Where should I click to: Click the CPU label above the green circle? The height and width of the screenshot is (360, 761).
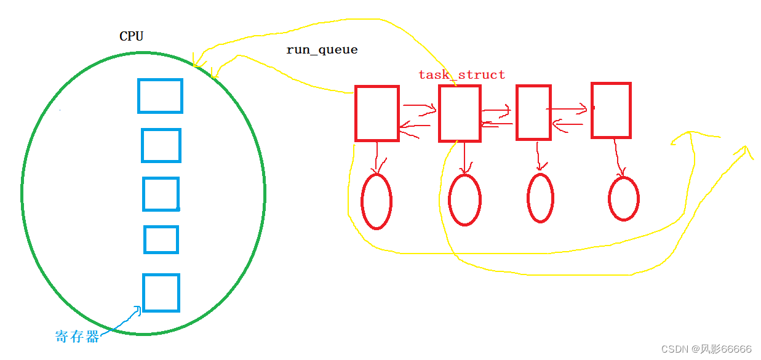tap(131, 36)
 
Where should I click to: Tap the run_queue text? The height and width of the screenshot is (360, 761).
tap(322, 50)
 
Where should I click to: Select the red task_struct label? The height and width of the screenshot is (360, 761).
tap(461, 74)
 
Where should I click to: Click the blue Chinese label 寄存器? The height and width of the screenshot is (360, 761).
tap(77, 337)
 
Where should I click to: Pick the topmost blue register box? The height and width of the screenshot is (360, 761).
tap(160, 96)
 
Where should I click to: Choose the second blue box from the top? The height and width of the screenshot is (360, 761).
tap(161, 145)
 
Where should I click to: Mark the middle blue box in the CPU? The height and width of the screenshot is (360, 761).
tap(161, 194)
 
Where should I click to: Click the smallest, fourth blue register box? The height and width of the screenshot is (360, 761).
tap(161, 239)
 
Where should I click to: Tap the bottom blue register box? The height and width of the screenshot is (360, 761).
tap(161, 293)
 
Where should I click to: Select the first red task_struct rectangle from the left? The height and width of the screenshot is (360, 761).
tap(377, 113)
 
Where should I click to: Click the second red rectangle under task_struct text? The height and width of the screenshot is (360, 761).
tap(460, 113)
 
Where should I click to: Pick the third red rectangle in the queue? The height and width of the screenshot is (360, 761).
tap(533, 112)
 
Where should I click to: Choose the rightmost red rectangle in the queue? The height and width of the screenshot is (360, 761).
tap(611, 110)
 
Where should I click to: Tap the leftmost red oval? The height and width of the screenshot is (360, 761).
tap(377, 201)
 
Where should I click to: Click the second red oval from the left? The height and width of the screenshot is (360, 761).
tap(464, 200)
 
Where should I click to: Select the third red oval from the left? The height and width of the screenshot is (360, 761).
tap(540, 198)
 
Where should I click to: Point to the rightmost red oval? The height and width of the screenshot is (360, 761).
tap(624, 199)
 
